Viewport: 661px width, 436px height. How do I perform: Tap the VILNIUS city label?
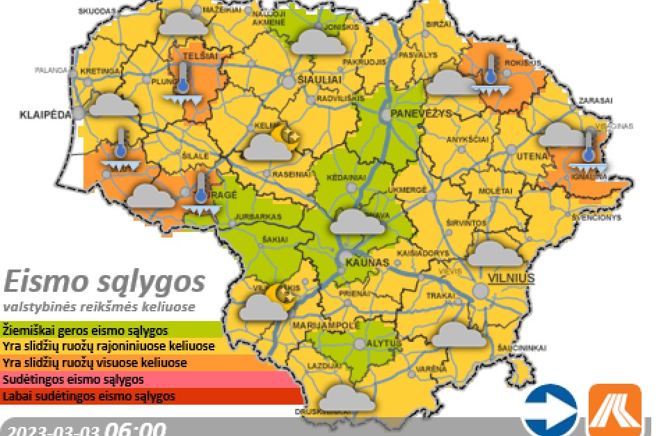pyautogui.click(x=511, y=278)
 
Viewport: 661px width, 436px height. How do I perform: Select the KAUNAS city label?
pyautogui.click(x=365, y=262)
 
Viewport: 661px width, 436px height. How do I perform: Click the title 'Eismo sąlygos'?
pyautogui.click(x=104, y=282)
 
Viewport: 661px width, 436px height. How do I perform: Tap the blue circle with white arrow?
pyautogui.click(x=550, y=410)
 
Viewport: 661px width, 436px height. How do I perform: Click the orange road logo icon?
pyautogui.click(x=615, y=410)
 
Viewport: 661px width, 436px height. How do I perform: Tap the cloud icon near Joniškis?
pyautogui.click(x=317, y=41)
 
